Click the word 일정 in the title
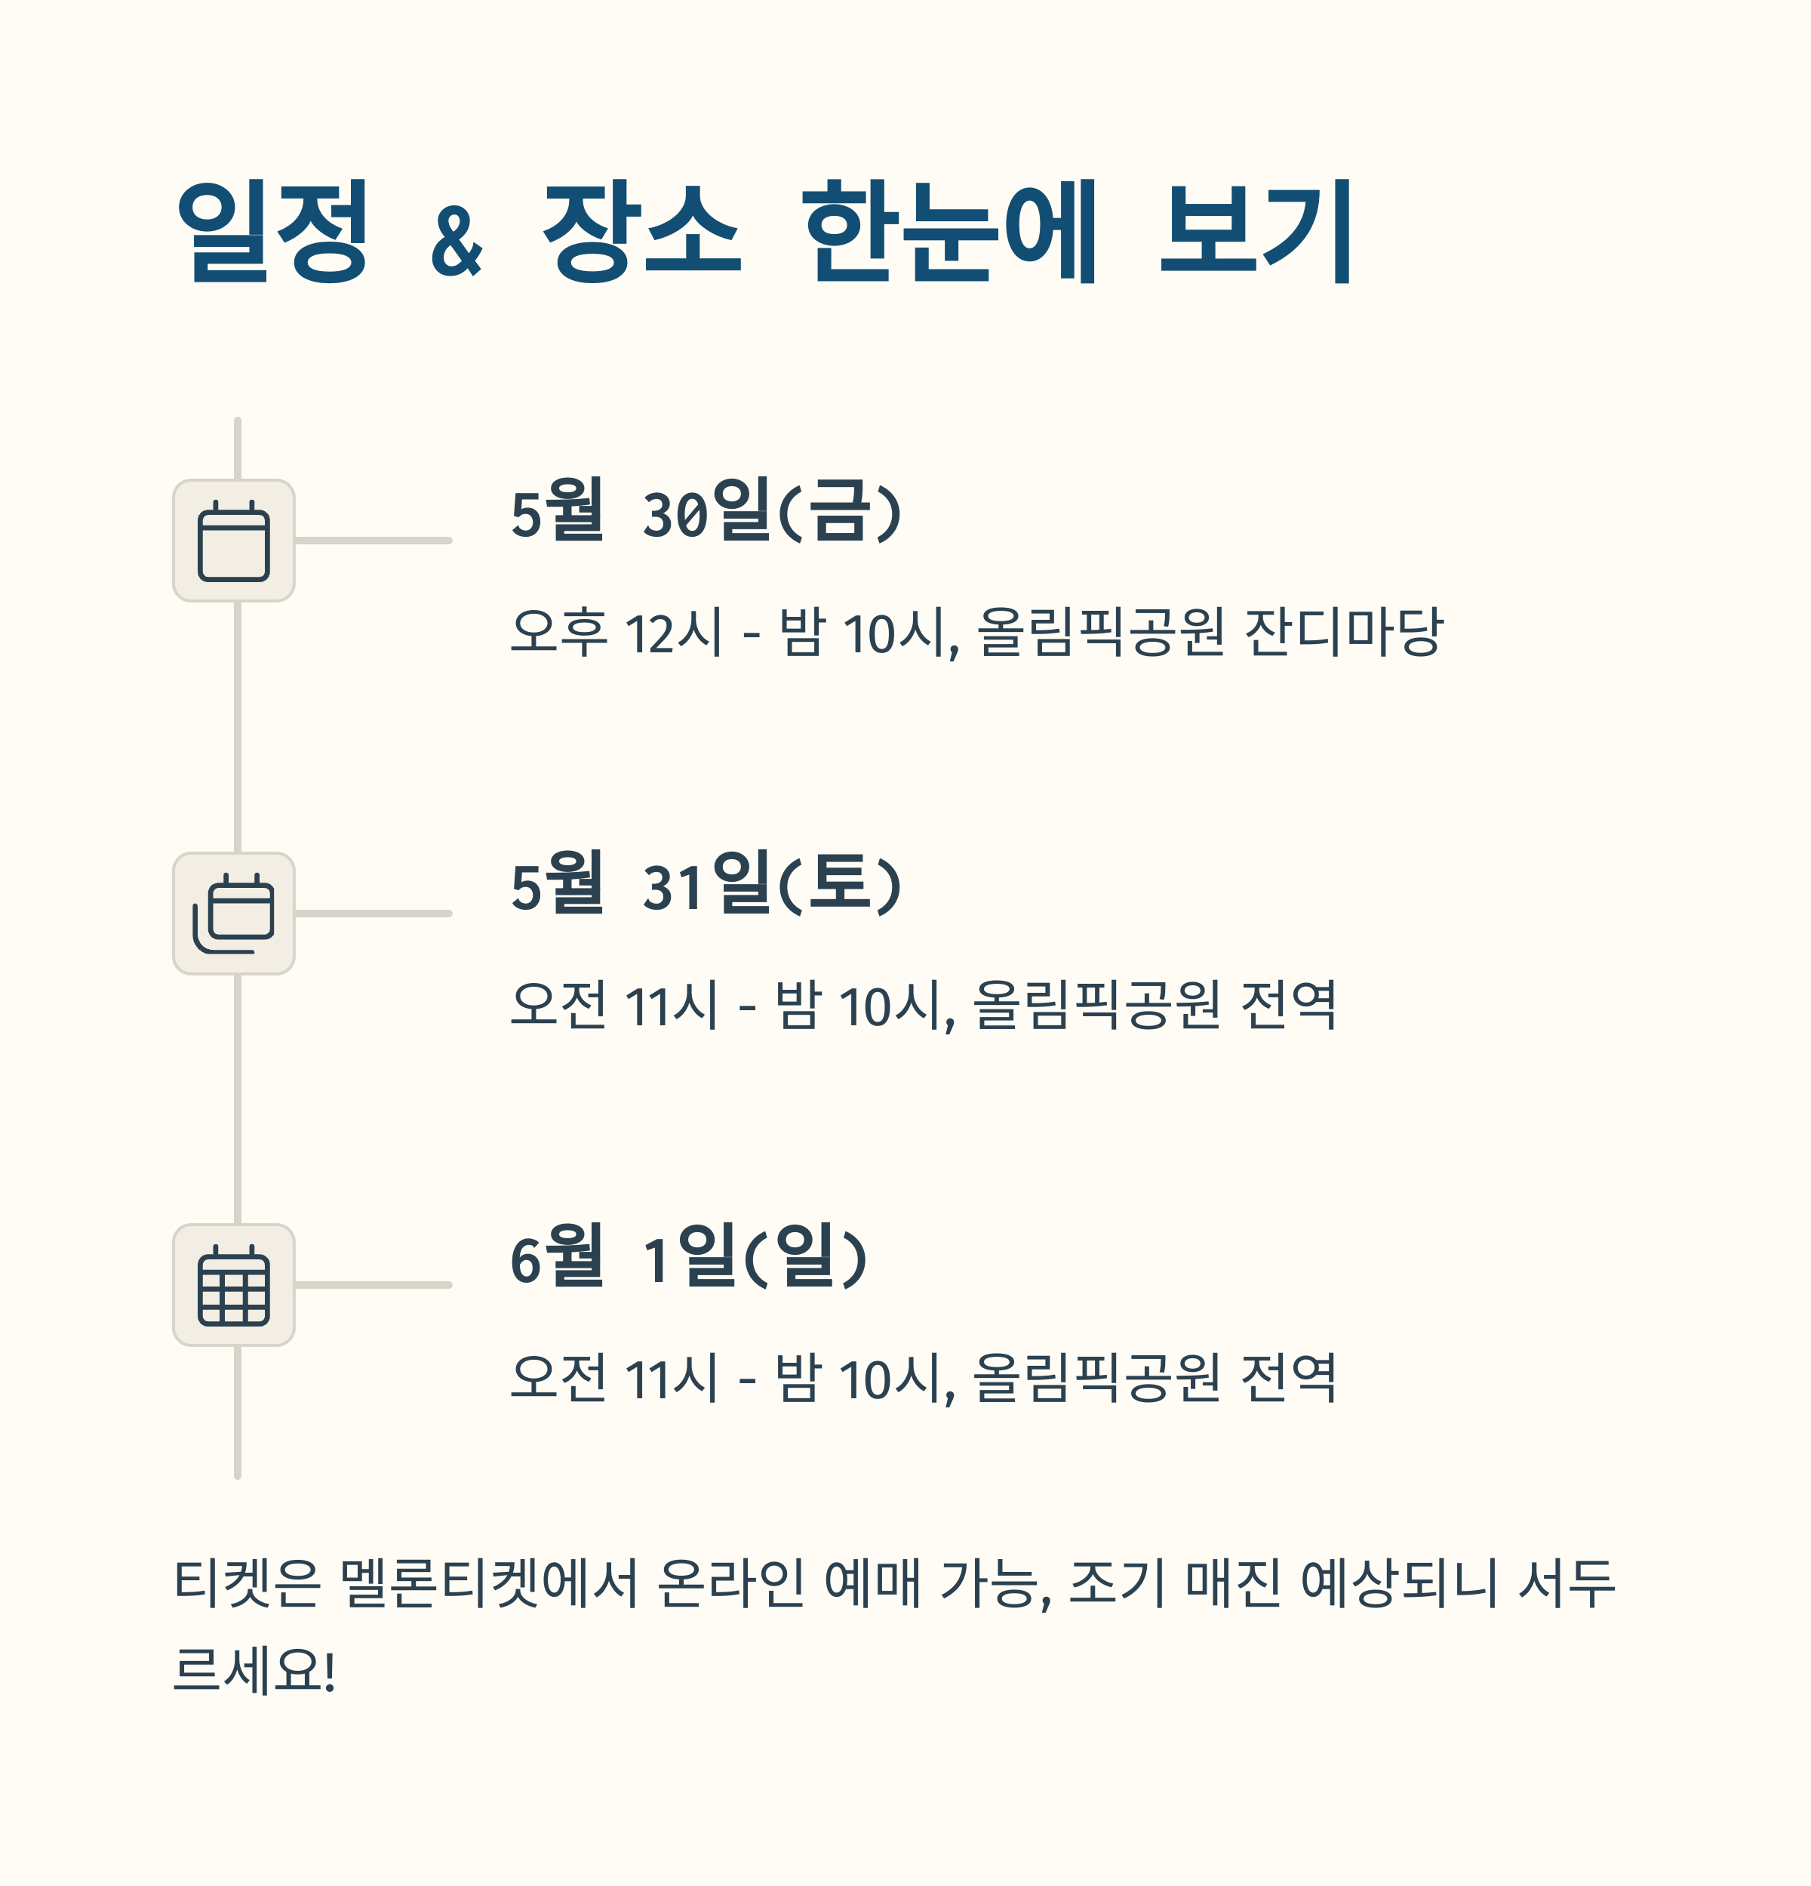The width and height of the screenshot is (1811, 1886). [x=272, y=231]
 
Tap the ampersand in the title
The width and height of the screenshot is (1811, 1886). [x=457, y=241]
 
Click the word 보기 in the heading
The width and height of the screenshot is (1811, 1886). [x=1257, y=231]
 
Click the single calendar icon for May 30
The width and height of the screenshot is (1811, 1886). [x=234, y=541]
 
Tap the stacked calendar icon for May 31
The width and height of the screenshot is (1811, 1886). [x=234, y=913]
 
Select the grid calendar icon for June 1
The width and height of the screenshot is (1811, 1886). [x=234, y=1284]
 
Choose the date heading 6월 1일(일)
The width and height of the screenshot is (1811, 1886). [x=689, y=1256]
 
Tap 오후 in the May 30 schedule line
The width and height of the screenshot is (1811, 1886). [x=558, y=632]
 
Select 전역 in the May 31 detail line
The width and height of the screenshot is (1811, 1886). [x=1288, y=1006]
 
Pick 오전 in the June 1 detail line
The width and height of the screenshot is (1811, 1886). [x=558, y=1378]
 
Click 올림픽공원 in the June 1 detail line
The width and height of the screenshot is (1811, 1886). [x=1096, y=1378]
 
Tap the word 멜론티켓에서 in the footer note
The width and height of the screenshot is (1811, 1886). [x=490, y=1583]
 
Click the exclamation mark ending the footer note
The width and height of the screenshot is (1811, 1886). [x=330, y=1672]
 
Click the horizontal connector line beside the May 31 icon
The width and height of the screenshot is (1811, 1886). [x=374, y=913]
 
